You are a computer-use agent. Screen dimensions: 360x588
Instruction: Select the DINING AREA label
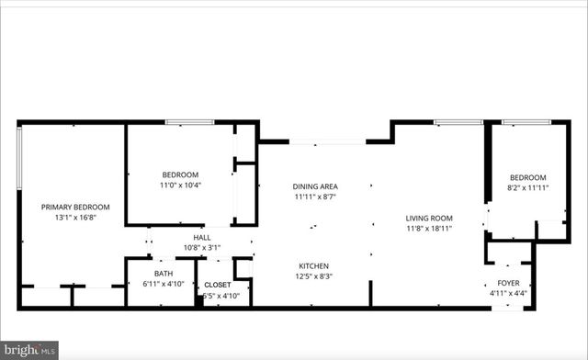316,186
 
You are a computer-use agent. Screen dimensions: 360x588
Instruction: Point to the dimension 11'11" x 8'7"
316,197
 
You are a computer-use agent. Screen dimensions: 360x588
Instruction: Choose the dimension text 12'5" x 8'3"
314,276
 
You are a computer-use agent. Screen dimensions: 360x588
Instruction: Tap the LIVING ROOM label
430,218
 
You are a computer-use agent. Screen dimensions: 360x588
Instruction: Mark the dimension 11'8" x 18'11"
430,229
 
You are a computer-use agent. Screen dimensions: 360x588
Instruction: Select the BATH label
164,273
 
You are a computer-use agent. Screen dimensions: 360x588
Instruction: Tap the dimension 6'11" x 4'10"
164,284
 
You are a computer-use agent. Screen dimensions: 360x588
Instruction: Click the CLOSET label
218,285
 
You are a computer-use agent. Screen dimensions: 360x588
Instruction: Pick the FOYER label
508,282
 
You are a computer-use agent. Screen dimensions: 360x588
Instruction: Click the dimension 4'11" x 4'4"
508,293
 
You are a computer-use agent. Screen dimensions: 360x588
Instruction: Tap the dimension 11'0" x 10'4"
180,186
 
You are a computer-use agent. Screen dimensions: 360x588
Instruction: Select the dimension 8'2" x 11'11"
528,188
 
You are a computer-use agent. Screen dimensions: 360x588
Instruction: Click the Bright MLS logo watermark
29,349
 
